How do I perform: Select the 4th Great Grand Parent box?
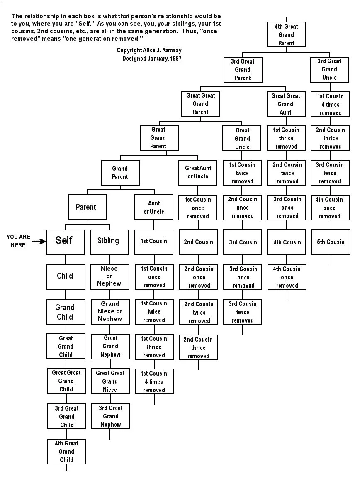click(286, 34)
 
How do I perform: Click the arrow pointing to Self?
click(39, 241)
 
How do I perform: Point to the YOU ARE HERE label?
click(18, 241)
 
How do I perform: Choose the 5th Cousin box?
click(331, 242)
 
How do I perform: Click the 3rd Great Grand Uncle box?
click(329, 69)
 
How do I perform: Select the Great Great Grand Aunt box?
click(285, 104)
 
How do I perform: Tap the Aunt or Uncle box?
click(154, 207)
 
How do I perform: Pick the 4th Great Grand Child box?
click(66, 452)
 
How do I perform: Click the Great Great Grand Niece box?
click(110, 381)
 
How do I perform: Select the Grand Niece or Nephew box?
click(110, 311)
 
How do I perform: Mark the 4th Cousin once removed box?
click(287, 277)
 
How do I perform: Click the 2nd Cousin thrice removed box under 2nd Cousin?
click(199, 348)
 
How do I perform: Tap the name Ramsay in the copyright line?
click(172, 50)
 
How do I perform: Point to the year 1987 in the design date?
click(175, 59)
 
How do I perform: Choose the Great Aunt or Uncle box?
click(198, 172)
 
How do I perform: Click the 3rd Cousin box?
click(243, 242)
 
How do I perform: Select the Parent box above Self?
click(86, 207)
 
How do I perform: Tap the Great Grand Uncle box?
click(242, 139)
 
